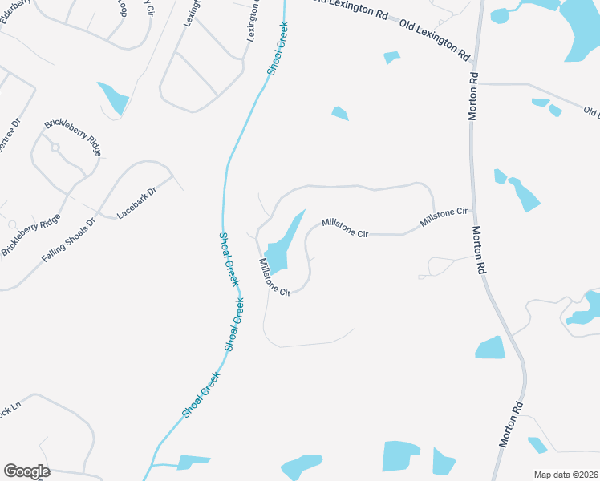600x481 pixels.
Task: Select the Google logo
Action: tap(26, 471)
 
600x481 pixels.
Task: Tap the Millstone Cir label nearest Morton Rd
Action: tap(444, 216)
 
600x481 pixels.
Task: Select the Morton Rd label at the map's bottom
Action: tap(511, 424)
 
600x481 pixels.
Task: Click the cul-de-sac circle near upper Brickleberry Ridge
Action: tap(55, 148)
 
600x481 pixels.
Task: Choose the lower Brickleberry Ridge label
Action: tap(30, 235)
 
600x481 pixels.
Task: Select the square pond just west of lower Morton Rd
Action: tap(489, 347)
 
